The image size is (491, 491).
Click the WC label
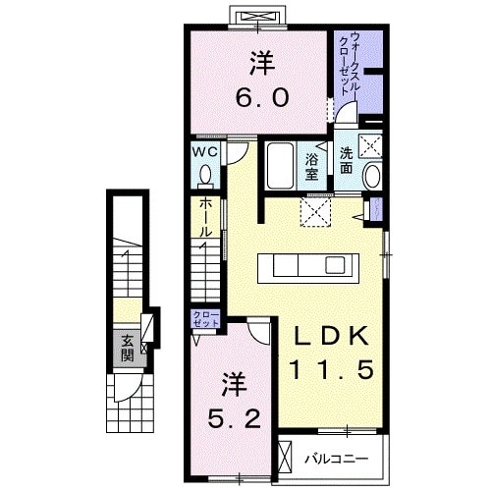click(x=204, y=152)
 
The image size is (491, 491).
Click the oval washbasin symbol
click(x=372, y=176)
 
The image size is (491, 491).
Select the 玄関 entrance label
click(x=127, y=348)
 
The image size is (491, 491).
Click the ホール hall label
click(x=204, y=217)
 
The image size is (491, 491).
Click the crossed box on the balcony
click(x=287, y=458)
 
